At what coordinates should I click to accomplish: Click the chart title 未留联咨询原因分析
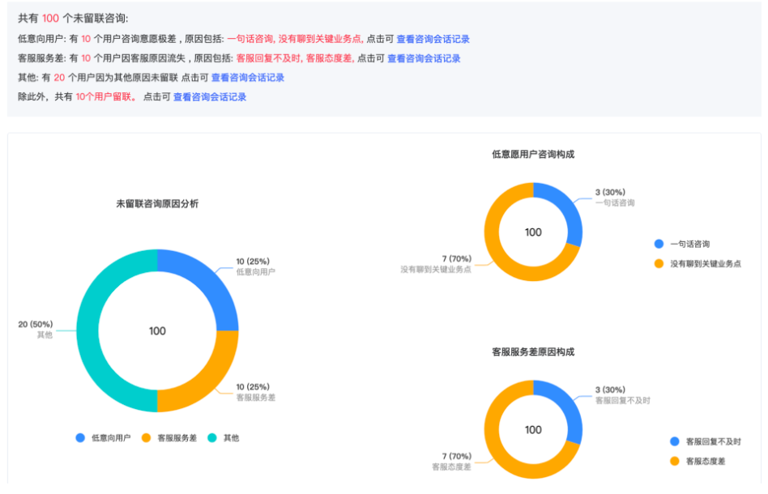pyautogui.click(x=157, y=204)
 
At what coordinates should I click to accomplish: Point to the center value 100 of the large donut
pyautogui.click(x=157, y=331)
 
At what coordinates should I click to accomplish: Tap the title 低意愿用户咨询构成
pyautogui.click(x=533, y=154)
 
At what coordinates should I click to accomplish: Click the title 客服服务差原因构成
pyautogui.click(x=533, y=352)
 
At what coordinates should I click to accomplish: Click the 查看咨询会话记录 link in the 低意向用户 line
pyautogui.click(x=433, y=39)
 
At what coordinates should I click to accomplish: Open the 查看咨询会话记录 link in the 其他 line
pyautogui.click(x=248, y=78)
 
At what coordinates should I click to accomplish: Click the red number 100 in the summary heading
pyautogui.click(x=50, y=18)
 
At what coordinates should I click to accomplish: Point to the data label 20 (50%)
pyautogui.click(x=35, y=324)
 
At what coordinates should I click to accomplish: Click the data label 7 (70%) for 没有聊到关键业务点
pyautogui.click(x=457, y=259)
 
